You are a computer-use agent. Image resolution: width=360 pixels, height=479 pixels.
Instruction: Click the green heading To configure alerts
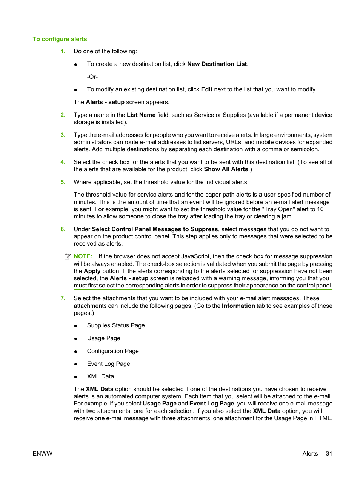pos(60,39)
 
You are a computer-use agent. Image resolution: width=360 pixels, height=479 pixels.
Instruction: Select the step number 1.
pos(63,51)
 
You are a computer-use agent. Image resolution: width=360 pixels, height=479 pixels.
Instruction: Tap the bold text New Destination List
pos(217,64)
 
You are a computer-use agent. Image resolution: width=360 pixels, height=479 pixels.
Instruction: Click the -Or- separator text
pos(92,77)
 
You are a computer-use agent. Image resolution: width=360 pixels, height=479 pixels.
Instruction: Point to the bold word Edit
pos(206,89)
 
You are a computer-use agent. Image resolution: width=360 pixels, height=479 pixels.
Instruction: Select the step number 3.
pos(63,135)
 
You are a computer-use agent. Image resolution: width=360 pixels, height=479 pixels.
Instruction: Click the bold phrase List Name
pos(141,115)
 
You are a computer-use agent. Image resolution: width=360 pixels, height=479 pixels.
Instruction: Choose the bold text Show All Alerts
pos(226,169)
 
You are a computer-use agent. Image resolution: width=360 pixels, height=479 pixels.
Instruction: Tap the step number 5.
pos(63,182)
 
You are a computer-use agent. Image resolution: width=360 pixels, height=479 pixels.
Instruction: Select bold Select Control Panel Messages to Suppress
pos(155,229)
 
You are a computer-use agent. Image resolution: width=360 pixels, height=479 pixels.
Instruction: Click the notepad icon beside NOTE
pos(68,256)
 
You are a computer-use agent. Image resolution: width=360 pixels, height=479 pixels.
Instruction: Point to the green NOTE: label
pos(83,256)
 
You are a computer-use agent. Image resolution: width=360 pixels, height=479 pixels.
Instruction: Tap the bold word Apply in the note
pos(92,271)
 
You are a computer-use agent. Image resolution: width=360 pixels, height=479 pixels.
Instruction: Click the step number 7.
pos(63,298)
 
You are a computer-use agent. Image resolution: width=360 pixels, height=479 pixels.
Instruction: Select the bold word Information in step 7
pos(238,306)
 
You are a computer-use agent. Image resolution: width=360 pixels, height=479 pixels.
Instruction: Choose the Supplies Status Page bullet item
pos(116,325)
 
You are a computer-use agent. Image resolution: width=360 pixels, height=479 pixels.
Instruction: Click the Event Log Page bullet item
pos(108,364)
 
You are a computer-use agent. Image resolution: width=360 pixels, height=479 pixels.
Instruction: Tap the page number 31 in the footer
pos(329,454)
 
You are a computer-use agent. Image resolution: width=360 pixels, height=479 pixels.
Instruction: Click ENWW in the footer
pos(43,454)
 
